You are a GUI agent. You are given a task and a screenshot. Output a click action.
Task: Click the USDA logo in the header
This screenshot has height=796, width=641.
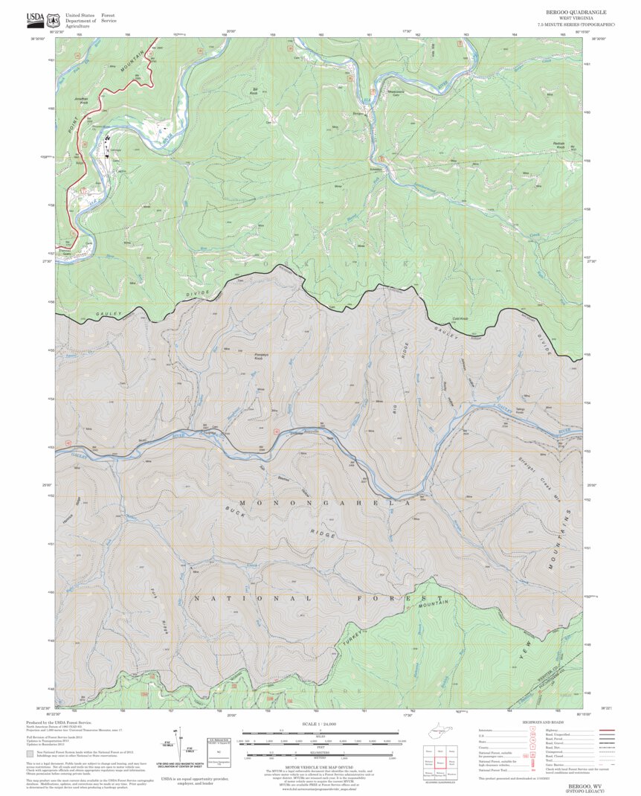coord(35,18)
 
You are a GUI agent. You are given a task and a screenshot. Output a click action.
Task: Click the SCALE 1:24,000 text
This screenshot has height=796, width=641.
coord(320,724)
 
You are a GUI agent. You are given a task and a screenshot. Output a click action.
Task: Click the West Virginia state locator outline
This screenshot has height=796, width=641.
coord(439,734)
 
